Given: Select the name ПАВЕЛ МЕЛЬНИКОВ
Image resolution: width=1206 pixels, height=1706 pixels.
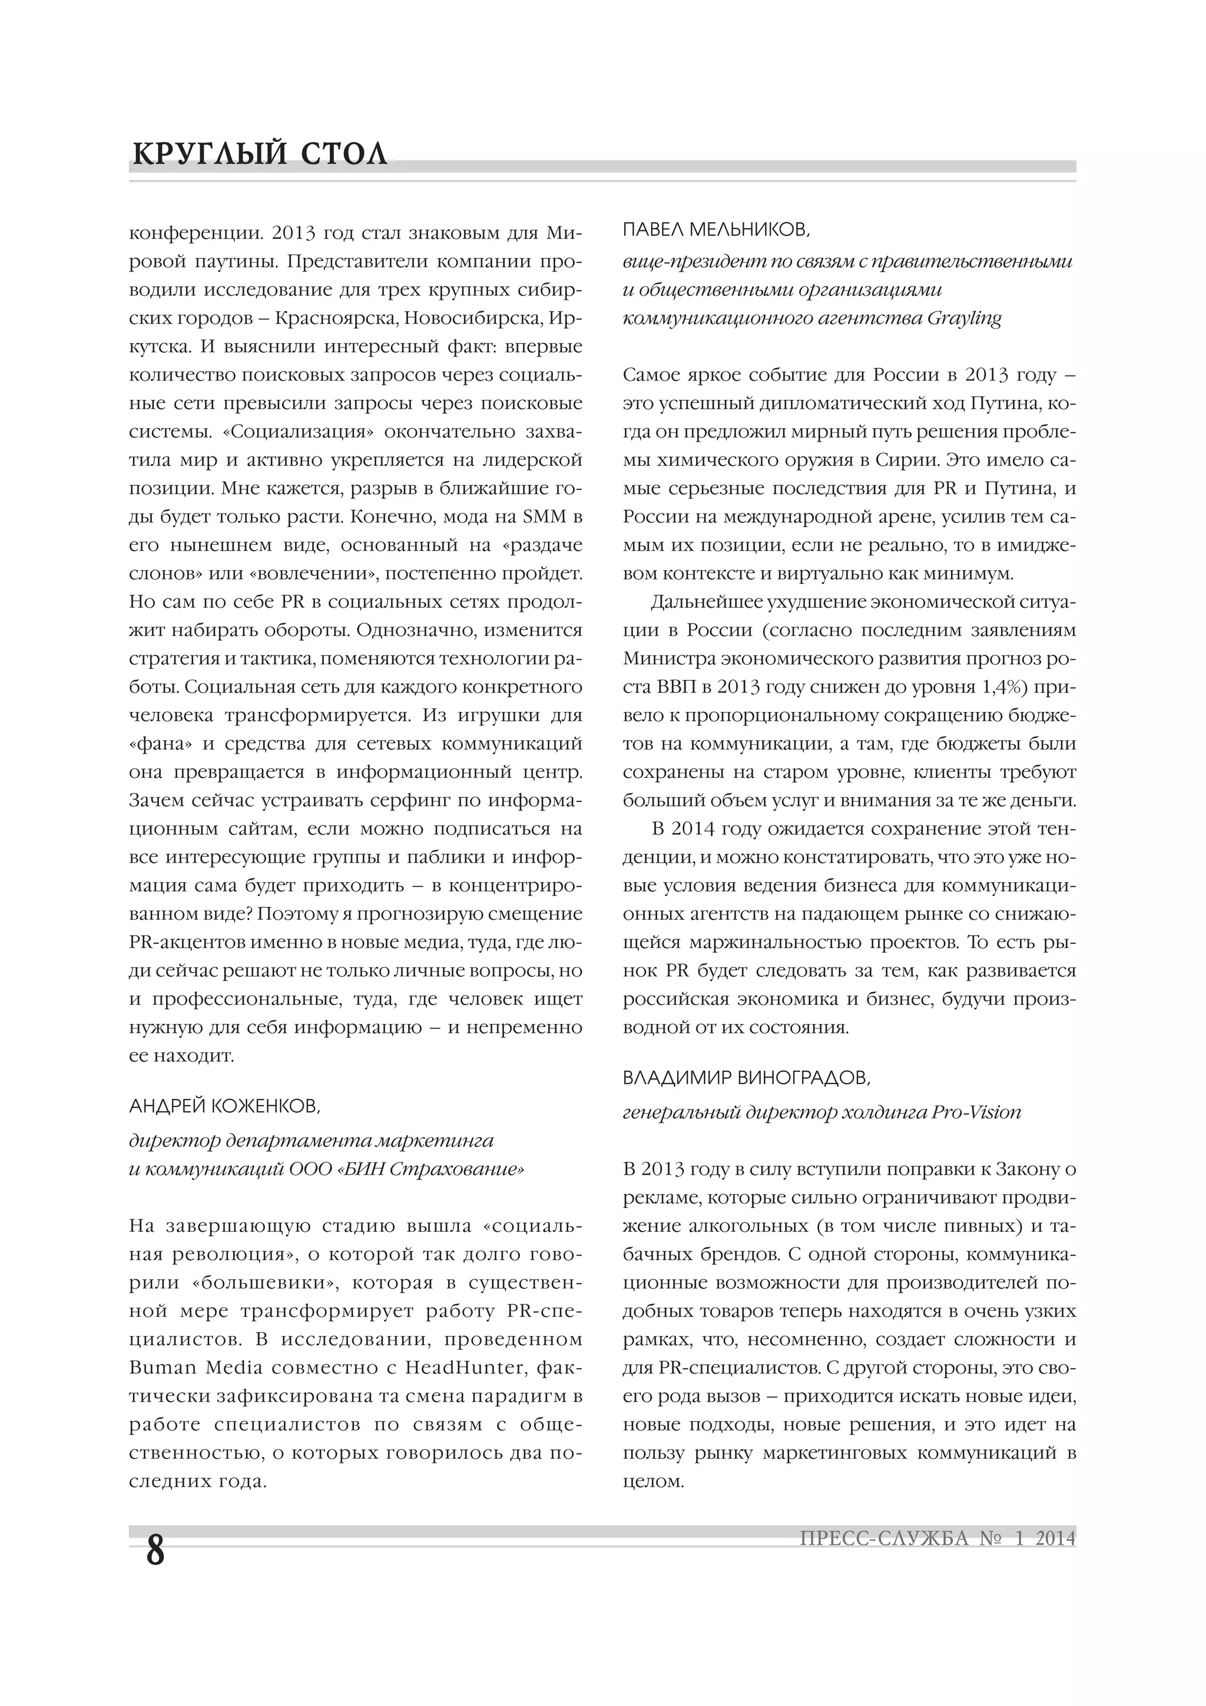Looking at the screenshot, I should [716, 230].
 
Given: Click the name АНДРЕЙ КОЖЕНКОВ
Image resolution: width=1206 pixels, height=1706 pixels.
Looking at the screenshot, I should [225, 1107].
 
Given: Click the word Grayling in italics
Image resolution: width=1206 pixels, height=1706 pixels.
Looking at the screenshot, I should [964, 318].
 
